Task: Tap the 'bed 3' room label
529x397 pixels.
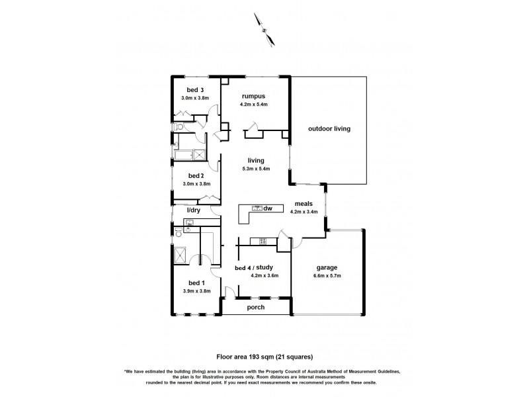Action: tap(195, 90)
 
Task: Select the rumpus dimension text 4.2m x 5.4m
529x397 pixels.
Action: tap(256, 105)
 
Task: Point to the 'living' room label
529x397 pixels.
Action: tap(256, 160)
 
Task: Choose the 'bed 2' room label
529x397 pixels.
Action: tap(195, 175)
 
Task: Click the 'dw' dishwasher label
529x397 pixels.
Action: tap(268, 209)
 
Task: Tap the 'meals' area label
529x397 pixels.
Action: tap(304, 204)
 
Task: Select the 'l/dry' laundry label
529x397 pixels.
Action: tap(194, 210)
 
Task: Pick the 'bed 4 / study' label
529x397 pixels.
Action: tap(255, 267)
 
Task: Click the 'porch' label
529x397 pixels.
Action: tap(256, 307)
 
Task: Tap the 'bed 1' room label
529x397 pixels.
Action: tap(197, 283)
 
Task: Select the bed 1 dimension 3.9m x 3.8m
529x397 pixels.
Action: tap(197, 291)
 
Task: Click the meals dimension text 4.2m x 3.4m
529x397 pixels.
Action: tap(304, 212)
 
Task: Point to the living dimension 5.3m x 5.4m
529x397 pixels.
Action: tap(256, 169)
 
